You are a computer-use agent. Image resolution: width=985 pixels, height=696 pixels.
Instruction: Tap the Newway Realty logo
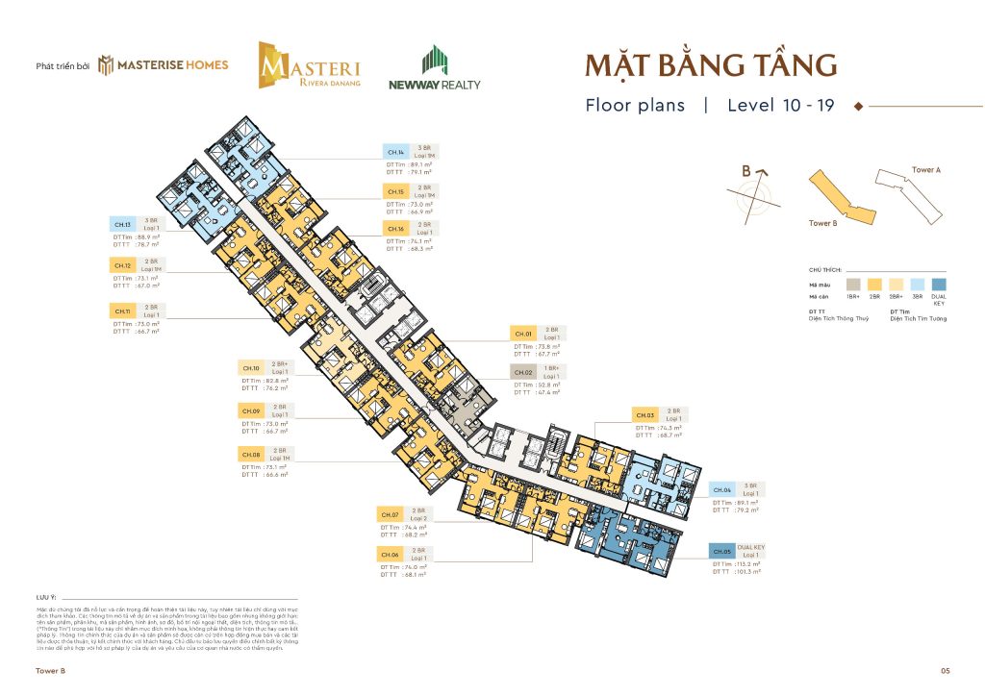[x=434, y=68]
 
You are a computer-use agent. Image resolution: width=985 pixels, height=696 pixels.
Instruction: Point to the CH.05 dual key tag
[x=722, y=551]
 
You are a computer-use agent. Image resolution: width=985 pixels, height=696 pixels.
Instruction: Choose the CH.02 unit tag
[x=524, y=371]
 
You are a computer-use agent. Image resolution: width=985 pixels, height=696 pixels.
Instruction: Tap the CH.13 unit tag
[x=122, y=224]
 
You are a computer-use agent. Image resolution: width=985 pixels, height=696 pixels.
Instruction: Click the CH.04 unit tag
[x=722, y=490]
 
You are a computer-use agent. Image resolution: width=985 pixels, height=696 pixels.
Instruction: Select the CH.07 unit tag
[x=390, y=515]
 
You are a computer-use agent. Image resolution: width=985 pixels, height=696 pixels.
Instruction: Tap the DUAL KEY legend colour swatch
[x=939, y=284]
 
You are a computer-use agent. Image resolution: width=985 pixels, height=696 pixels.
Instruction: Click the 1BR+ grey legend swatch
[x=853, y=284]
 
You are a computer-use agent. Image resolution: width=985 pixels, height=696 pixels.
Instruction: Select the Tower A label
[x=925, y=169]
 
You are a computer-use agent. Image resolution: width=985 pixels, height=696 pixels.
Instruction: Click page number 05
[x=946, y=670]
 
